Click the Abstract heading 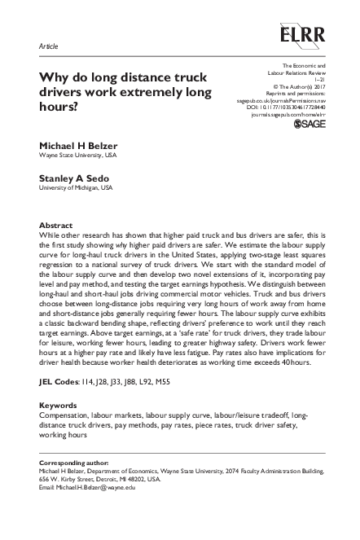point(56,225)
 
